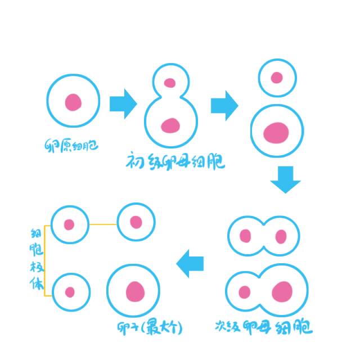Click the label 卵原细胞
coord(71,147)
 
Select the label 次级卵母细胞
coord(264,327)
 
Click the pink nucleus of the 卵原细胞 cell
coord(73,102)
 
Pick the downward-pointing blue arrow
coord(285,178)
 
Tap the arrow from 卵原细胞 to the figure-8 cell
coord(123,103)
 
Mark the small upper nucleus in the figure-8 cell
coord(170,83)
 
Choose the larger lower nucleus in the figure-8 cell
coord(170,125)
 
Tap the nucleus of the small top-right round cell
coord(277,78)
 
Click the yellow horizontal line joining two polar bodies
coord(102,224)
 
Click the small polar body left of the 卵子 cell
coord(70,292)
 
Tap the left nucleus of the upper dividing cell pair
coord(246,235)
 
